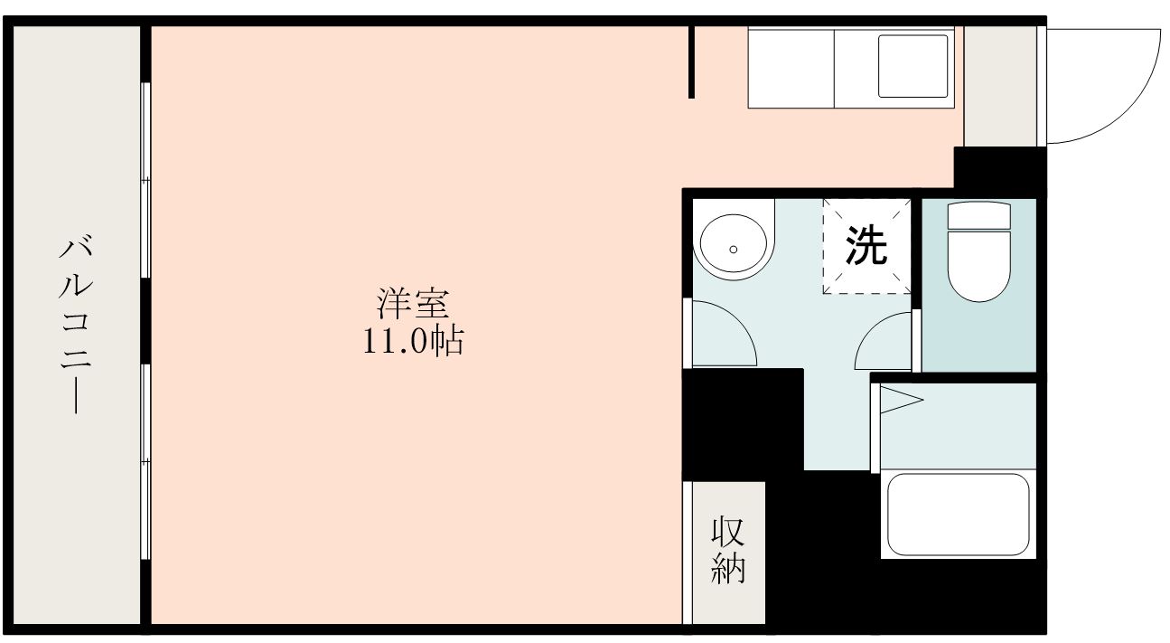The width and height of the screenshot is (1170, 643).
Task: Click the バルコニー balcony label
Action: click(77, 324)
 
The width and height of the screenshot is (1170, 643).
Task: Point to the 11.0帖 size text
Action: click(414, 342)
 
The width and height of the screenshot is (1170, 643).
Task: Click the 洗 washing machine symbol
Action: click(866, 246)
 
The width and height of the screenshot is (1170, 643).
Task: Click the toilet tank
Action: click(978, 215)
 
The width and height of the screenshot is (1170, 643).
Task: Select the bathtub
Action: click(958, 514)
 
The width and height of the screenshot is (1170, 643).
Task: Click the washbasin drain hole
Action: click(733, 249)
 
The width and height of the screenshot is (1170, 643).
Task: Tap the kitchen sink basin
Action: click(913, 66)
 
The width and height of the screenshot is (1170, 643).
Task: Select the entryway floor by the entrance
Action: click(999, 86)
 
